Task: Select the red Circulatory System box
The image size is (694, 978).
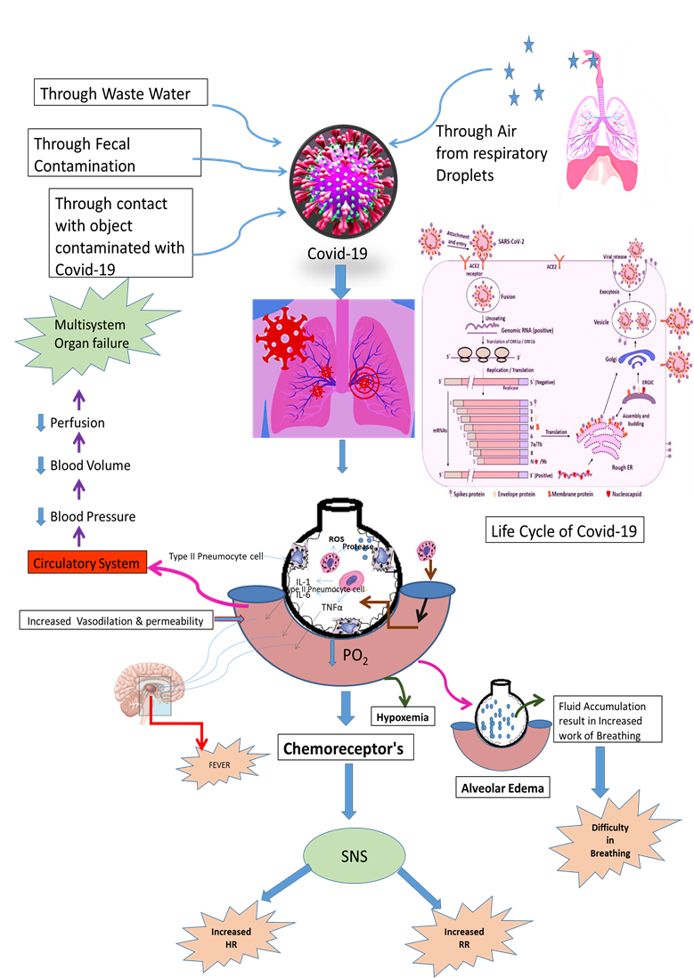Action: [x=86, y=563]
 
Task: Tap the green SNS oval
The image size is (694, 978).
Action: [x=349, y=859]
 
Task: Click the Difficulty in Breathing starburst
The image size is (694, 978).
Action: [x=610, y=840]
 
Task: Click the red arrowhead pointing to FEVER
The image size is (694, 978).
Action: [x=202, y=740]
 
